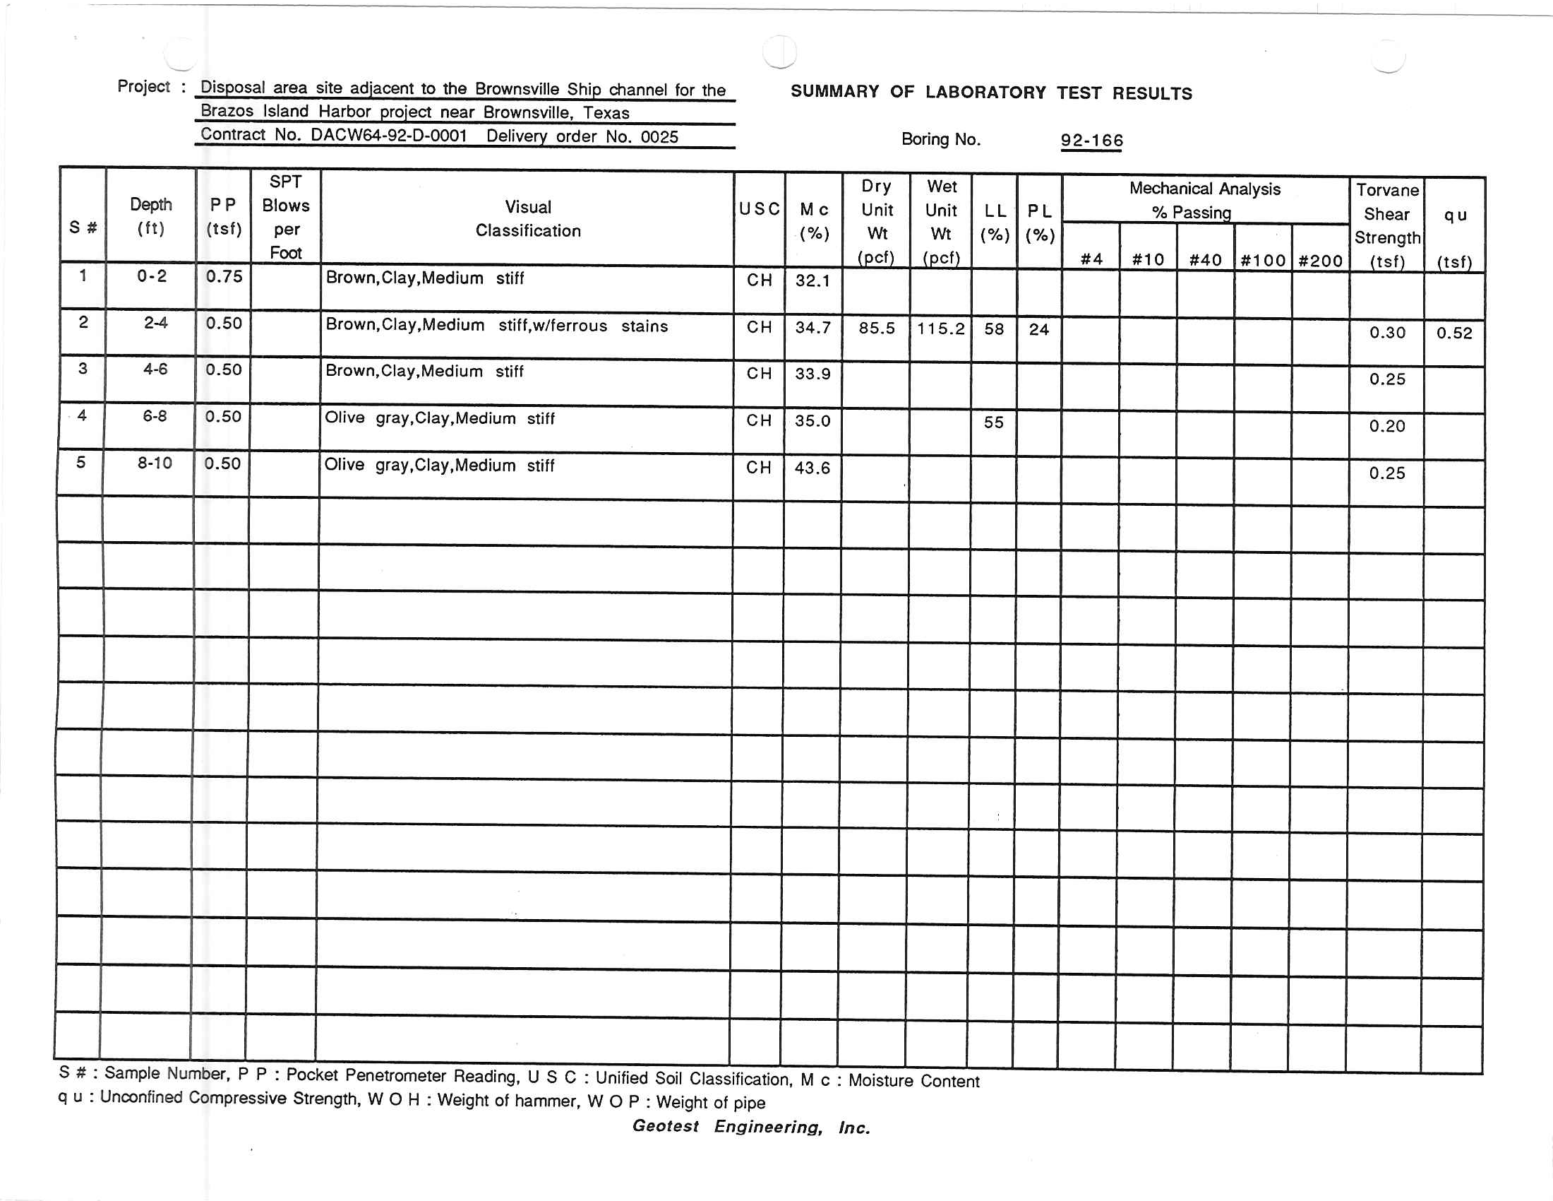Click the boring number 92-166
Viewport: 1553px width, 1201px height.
point(1091,140)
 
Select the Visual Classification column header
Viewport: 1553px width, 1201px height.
point(527,218)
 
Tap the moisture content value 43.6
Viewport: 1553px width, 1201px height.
point(812,468)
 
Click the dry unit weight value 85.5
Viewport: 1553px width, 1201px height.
point(876,328)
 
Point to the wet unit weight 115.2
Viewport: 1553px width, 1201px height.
point(940,329)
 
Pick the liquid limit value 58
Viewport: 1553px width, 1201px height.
point(993,329)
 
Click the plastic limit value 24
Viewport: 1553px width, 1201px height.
point(1038,329)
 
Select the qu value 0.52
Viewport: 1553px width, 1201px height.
point(1453,333)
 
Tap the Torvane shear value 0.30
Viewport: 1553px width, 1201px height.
point(1386,332)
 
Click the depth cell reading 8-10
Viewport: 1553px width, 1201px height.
point(155,463)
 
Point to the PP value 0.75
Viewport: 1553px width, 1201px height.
point(224,276)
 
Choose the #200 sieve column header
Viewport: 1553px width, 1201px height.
point(1320,261)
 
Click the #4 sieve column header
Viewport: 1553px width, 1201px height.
point(1091,259)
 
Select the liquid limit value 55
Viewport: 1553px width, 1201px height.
point(993,422)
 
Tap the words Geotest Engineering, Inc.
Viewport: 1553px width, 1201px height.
point(751,1126)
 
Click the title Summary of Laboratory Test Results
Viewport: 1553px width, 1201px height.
point(990,93)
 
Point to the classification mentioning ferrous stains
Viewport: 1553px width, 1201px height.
point(496,325)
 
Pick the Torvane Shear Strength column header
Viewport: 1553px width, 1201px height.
point(1386,225)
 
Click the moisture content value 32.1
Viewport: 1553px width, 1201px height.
point(812,280)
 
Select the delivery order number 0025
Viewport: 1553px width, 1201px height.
point(659,136)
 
